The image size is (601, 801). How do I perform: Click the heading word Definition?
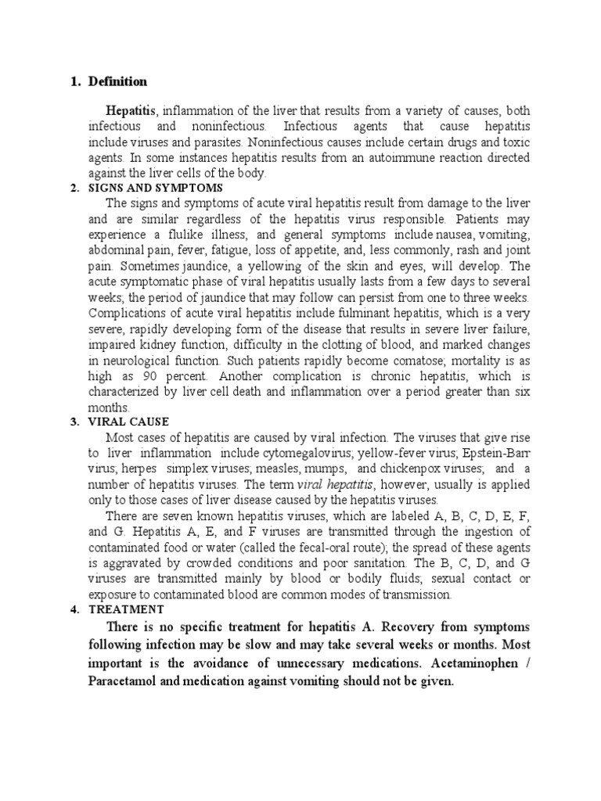[117, 81]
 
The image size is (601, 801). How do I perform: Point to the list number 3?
[74, 422]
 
